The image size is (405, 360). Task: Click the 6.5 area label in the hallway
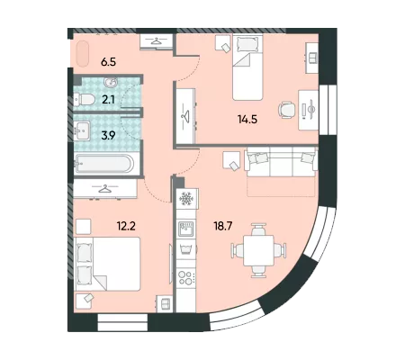(108, 62)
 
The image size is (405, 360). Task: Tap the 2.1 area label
(108, 99)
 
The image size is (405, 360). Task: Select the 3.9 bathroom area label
(108, 136)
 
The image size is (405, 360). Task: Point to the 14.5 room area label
(247, 120)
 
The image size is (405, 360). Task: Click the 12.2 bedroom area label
(126, 225)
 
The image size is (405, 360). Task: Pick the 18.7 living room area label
(223, 226)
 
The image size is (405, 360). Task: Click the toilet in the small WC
(84, 99)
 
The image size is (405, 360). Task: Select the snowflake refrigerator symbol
(185, 198)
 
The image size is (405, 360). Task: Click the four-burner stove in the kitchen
(186, 278)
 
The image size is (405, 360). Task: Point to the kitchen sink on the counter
(186, 229)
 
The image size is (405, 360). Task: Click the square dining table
(258, 250)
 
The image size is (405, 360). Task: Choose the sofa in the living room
(281, 162)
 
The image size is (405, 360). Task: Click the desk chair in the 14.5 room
(287, 110)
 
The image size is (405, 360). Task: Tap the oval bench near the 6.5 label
(83, 54)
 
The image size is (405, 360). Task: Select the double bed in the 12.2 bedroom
(108, 264)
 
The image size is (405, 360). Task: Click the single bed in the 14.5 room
(247, 67)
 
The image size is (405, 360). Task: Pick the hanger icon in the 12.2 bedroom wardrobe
(104, 189)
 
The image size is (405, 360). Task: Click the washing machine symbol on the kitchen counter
(186, 249)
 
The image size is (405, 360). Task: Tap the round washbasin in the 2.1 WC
(111, 82)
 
